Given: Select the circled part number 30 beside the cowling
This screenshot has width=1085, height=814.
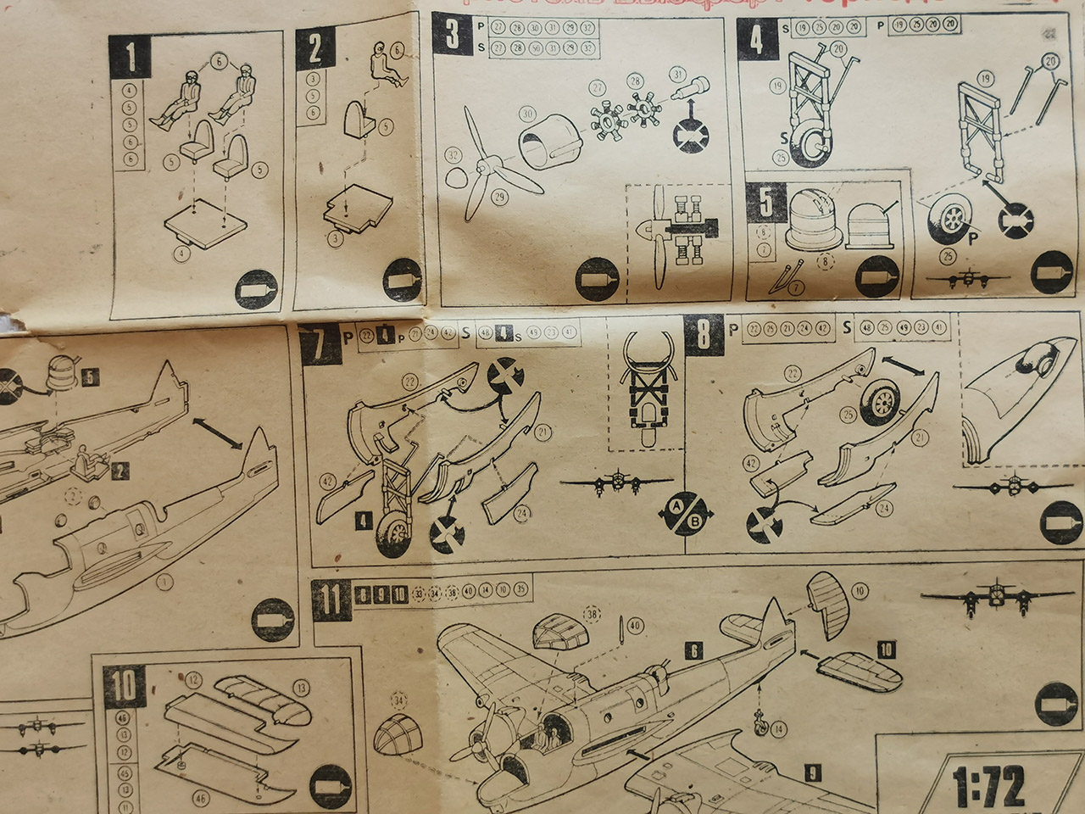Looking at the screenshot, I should [x=526, y=114].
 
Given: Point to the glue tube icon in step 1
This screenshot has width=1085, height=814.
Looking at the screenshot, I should [x=255, y=288].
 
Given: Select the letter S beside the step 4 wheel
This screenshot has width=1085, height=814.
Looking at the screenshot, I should [x=785, y=136].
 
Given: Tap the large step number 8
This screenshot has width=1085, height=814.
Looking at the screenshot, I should [x=703, y=334].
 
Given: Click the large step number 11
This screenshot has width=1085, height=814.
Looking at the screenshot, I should [x=331, y=599].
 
